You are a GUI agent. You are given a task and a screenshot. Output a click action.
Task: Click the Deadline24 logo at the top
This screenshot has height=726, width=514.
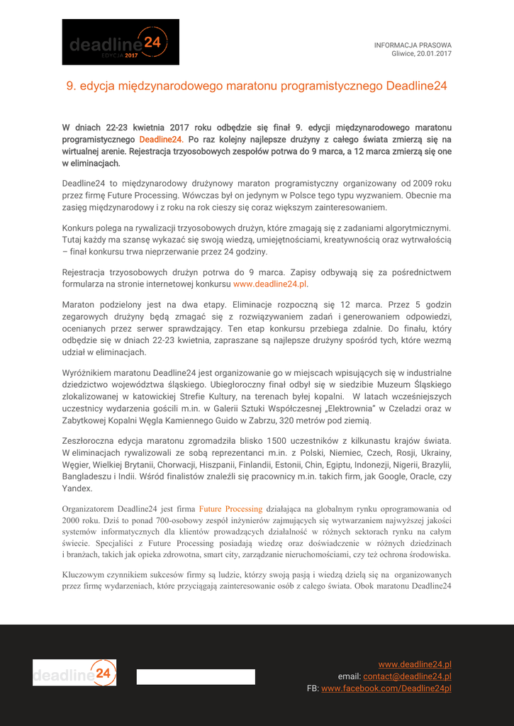121,43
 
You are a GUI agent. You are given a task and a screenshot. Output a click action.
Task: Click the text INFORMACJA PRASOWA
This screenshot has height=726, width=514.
413,45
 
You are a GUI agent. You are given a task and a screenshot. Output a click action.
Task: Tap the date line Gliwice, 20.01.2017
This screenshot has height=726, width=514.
421,54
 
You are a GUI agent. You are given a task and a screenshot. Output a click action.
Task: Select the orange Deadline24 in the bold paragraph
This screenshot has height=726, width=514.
161,140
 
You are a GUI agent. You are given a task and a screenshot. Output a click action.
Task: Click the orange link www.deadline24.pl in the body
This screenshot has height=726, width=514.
269,284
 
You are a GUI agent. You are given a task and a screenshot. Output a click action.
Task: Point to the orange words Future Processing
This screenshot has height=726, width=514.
230,508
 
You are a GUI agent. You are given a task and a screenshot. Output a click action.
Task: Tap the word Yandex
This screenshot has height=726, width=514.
77,488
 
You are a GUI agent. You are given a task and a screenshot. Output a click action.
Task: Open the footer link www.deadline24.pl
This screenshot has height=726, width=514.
414,664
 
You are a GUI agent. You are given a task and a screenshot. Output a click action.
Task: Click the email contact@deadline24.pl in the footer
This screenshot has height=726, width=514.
407,676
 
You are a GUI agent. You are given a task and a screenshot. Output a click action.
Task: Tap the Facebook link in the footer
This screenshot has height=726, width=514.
386,688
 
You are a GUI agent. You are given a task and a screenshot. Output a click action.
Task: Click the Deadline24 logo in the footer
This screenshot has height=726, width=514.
74,673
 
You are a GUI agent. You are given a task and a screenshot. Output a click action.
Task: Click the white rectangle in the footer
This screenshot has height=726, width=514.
196,676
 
